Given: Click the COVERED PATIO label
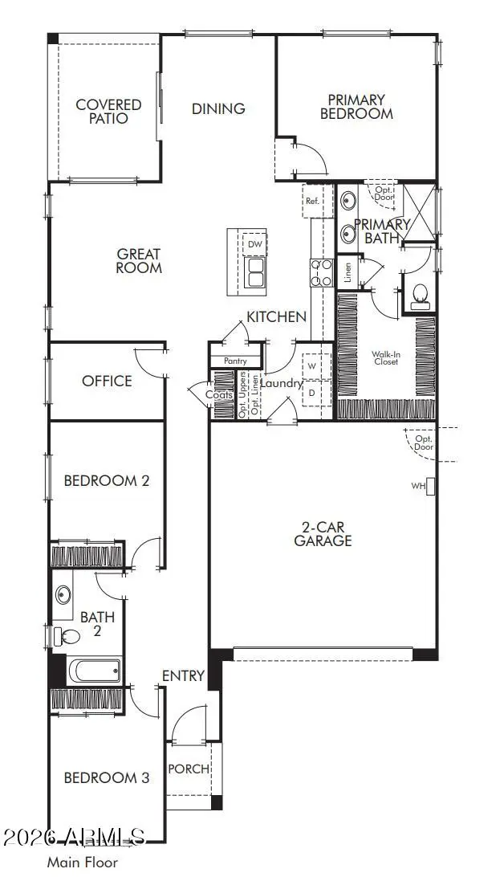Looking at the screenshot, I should (108, 112).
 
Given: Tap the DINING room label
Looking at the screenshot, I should (218, 108).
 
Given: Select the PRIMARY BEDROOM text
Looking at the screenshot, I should (356, 107).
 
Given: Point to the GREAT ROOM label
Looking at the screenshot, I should (139, 261).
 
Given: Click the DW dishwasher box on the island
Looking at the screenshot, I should (255, 244).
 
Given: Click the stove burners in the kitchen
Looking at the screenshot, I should (321, 272).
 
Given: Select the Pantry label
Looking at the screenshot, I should (235, 361).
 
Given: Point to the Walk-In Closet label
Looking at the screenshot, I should (385, 357).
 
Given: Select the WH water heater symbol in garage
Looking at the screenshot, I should (429, 486).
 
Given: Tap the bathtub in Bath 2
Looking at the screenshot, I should (93, 669).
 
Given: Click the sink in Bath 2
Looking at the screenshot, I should (63, 596).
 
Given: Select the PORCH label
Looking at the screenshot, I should (188, 769).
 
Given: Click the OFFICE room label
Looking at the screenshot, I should (107, 381).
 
